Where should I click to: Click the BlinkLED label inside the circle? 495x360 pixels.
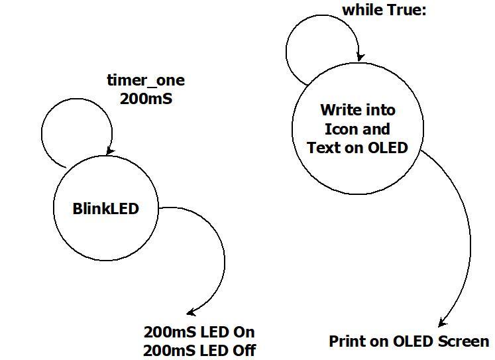tap(106, 208)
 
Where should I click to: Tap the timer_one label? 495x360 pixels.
tap(146, 81)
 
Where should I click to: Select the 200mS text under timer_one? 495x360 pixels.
tap(146, 99)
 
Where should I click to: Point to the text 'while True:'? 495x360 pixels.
tap(384, 10)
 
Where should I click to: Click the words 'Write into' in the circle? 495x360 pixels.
tap(357, 109)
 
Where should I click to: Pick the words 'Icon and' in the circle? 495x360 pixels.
tap(357, 129)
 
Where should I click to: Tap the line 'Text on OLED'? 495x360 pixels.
tap(357, 147)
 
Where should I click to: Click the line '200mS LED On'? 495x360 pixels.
tap(199, 331)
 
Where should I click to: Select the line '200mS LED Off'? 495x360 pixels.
tap(199, 350)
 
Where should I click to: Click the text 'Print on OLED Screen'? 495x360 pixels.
tap(409, 341)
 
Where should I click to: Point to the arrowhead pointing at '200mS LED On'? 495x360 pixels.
tap(190, 312)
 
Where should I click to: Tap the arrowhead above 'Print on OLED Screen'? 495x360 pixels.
tap(441, 324)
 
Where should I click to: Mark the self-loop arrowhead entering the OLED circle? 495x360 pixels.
tap(358, 57)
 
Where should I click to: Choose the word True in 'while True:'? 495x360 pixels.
tap(404, 10)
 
